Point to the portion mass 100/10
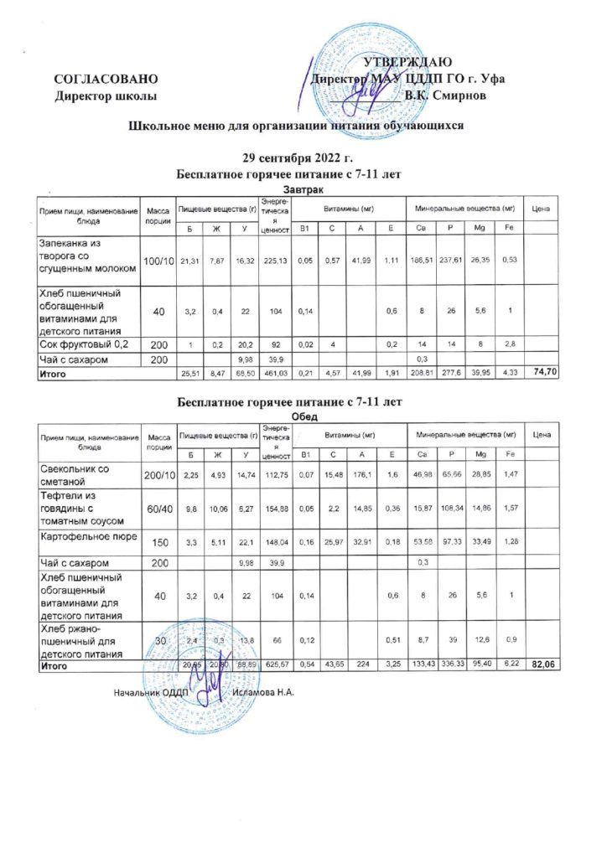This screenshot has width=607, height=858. tap(157, 262)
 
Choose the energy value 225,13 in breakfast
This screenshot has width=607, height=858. tap(273, 262)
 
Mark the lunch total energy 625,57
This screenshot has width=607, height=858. tap(273, 664)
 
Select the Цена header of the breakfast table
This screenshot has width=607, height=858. tap(541, 207)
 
